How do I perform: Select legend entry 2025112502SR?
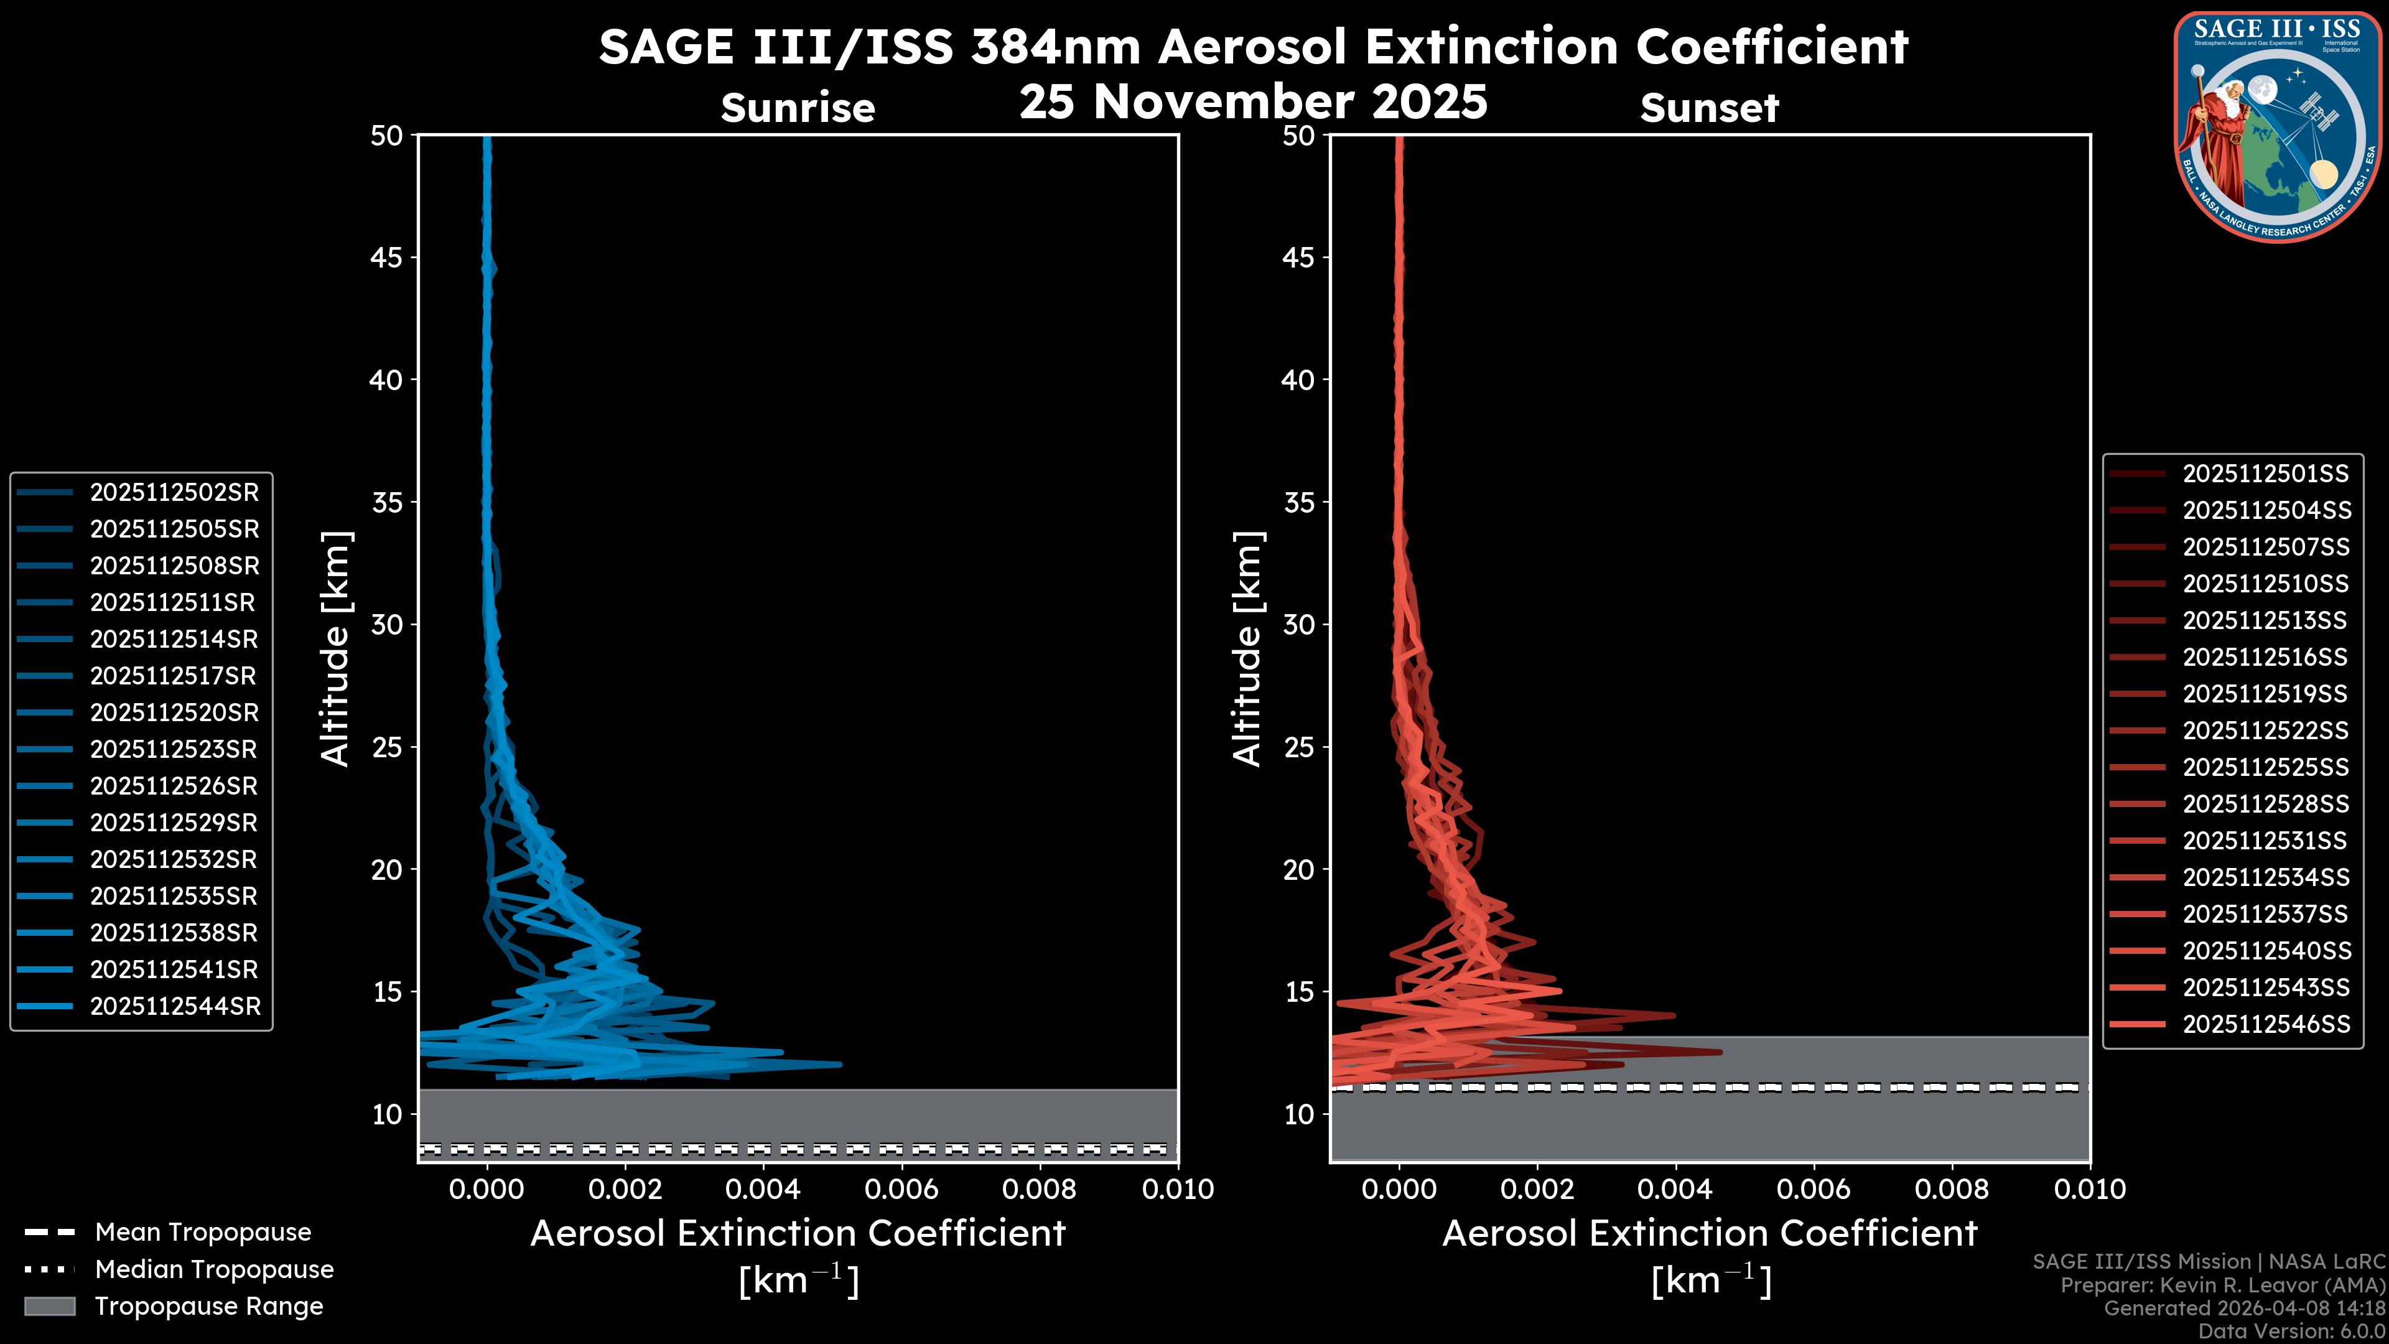click(174, 493)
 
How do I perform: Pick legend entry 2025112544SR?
click(174, 1006)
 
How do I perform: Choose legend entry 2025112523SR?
click(174, 749)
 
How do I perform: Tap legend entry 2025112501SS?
click(2265, 474)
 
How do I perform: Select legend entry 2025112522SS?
click(2265, 731)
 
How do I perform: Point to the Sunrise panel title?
click(798, 108)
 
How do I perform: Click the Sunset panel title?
click(1709, 108)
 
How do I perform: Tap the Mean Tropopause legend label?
click(203, 1232)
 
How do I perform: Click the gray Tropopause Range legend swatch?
click(50, 1306)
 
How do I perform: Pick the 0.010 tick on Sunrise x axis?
click(1177, 1189)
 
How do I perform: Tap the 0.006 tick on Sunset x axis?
click(1813, 1189)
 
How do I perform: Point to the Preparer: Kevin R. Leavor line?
click(2222, 1286)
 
